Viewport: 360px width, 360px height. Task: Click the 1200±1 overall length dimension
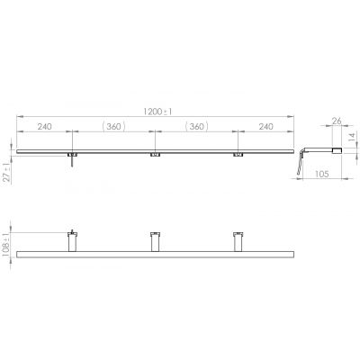coord(157,112)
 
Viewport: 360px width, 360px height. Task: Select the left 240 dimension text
coord(44,127)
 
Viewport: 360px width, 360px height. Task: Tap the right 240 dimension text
coord(265,127)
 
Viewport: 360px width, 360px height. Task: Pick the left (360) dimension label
coord(113,127)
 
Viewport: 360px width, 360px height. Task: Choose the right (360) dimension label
coord(196,127)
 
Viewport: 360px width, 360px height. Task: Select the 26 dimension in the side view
coord(337,121)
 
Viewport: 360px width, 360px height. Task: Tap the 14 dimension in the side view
coord(353,137)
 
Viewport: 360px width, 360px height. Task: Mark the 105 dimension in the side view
coord(321,174)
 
